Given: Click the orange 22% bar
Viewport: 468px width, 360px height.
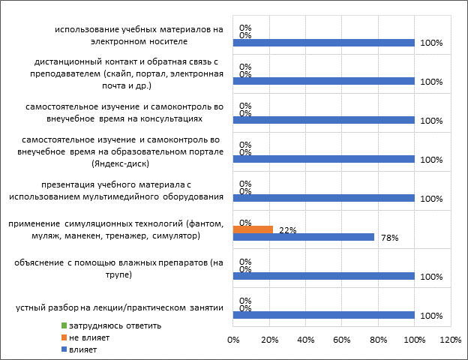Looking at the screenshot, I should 253,229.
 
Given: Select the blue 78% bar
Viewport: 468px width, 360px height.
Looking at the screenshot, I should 304,237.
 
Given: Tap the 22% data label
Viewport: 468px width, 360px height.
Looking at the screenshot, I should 286,229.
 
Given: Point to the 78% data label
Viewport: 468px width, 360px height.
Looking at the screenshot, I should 388,238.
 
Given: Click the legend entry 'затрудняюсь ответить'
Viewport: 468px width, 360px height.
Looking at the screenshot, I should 115,326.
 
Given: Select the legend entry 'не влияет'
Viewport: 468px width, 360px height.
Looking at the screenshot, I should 89,338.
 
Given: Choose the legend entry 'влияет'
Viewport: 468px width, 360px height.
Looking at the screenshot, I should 82,349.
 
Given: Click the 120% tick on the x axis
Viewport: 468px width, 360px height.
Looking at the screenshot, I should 450,340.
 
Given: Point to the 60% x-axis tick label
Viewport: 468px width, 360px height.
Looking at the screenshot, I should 342,340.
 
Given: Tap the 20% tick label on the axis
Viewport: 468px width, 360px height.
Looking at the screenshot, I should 269,340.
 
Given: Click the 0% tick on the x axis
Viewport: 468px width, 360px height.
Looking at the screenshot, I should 233,340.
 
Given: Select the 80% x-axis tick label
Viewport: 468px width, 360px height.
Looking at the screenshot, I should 378,340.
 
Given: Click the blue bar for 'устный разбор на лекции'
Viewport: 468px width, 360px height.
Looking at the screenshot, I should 324,315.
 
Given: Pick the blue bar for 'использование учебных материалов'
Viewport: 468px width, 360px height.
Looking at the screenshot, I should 324,43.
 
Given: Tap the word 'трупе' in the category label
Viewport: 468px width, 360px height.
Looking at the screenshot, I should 120,274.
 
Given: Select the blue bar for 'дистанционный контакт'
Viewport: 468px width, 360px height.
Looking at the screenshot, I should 324,81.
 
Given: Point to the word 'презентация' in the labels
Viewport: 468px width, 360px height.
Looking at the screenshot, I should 65,184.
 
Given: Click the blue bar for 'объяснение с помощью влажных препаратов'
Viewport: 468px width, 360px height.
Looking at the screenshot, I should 324,276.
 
